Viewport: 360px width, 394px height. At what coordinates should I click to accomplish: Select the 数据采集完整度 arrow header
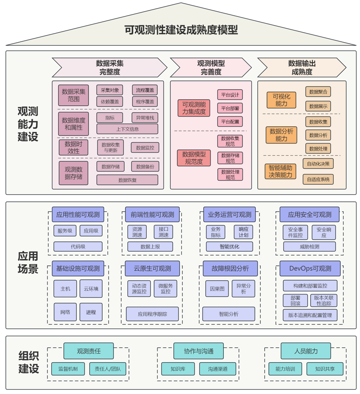(x=109, y=67)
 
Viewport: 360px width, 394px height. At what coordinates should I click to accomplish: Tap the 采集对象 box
(x=109, y=90)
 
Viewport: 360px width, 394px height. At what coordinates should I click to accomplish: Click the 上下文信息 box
(x=127, y=129)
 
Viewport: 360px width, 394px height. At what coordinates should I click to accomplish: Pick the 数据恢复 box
(x=127, y=180)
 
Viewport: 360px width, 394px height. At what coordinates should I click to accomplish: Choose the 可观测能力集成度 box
(x=194, y=108)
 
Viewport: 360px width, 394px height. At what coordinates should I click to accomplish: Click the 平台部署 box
(x=230, y=108)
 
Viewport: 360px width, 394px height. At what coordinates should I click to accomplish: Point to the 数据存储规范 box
(x=230, y=158)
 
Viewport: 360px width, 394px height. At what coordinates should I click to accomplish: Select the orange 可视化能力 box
(x=281, y=100)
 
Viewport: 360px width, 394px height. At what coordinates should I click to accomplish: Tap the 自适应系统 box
(x=318, y=179)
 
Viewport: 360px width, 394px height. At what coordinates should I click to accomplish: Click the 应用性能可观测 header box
(x=78, y=214)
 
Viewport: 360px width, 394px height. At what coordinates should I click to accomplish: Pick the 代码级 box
(x=78, y=247)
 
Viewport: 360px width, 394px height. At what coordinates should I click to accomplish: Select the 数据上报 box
(x=150, y=247)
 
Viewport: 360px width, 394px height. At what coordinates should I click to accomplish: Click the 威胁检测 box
(x=309, y=247)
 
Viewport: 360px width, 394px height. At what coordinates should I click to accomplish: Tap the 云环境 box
(x=91, y=288)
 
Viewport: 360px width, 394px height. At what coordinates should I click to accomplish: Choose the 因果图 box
(x=217, y=288)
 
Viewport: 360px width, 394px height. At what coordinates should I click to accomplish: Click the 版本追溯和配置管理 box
(x=310, y=315)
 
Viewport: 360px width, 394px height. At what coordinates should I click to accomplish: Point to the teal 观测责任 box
(x=88, y=351)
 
